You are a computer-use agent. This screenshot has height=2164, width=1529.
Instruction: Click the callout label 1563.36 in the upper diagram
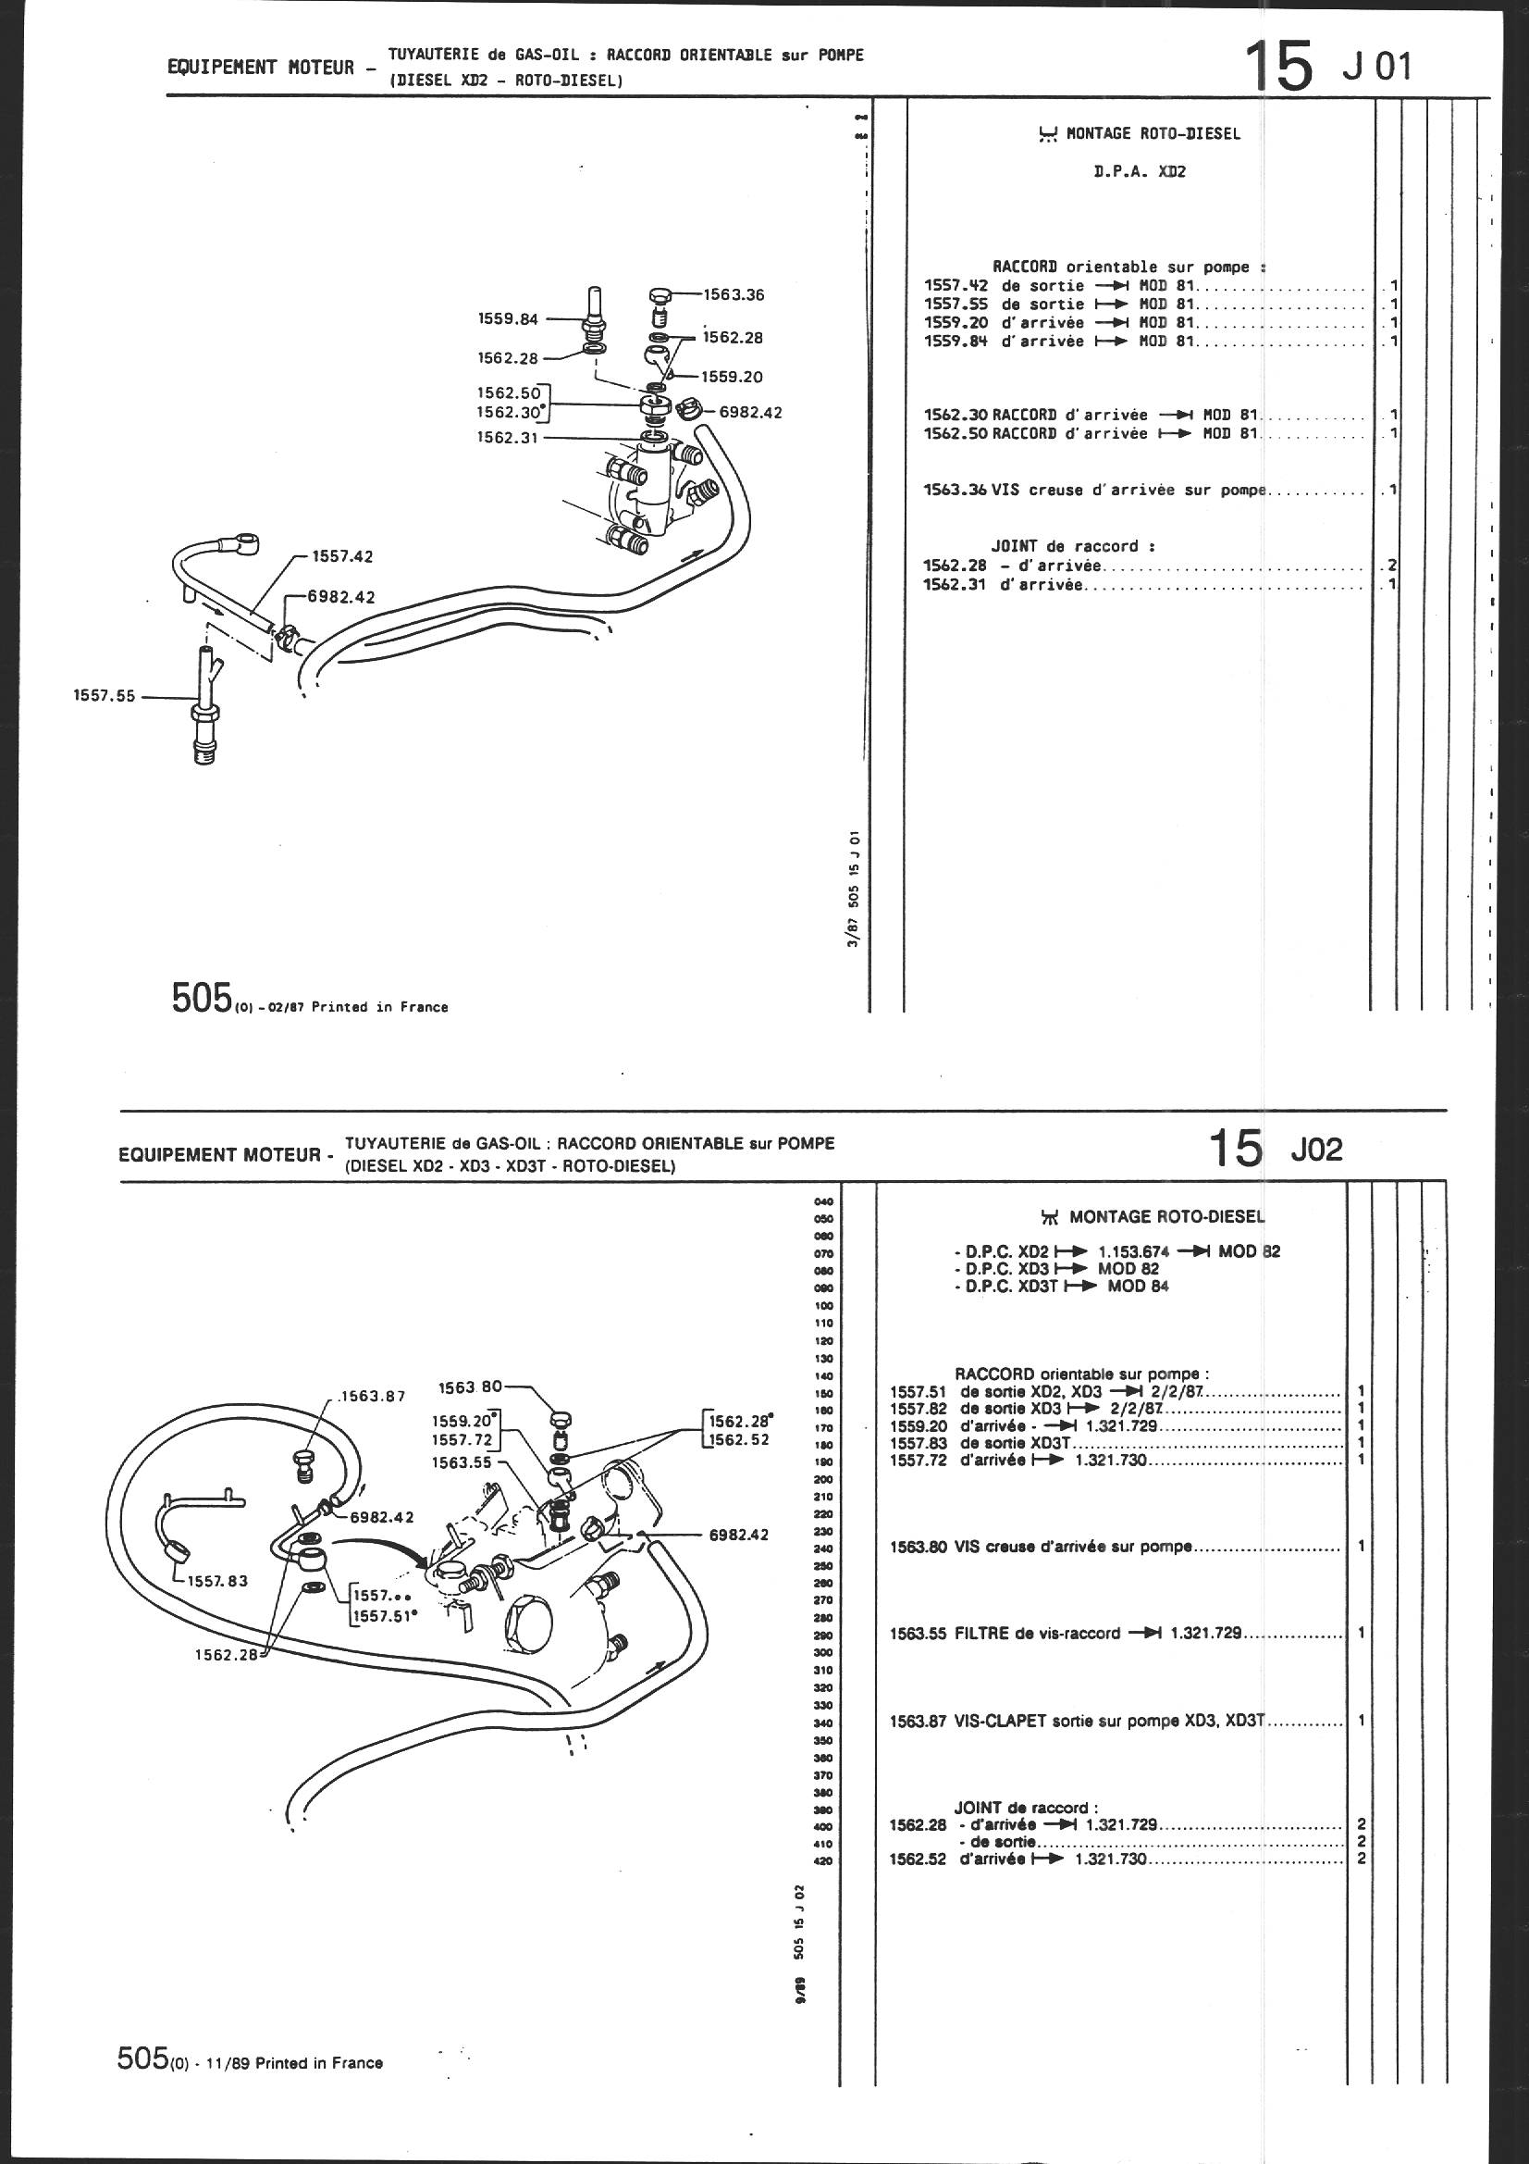tap(732, 295)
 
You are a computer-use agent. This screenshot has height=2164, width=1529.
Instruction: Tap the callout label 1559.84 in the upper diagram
tap(509, 318)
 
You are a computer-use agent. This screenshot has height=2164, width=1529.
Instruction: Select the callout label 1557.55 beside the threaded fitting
tap(105, 697)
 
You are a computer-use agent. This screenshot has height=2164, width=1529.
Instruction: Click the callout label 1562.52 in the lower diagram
tap(741, 1439)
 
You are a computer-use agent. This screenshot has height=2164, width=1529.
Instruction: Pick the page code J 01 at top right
tap(1377, 68)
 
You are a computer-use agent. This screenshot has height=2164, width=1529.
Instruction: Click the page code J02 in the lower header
tap(1316, 1150)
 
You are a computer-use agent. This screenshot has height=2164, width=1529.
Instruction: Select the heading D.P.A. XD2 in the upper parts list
tap(1138, 172)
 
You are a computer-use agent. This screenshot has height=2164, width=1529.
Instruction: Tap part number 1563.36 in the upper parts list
tap(956, 491)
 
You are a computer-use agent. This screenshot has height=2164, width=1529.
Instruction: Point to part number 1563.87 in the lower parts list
tap(918, 1720)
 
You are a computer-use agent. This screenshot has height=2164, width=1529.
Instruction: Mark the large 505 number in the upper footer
tap(202, 998)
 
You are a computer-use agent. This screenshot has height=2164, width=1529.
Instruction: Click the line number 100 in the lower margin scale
tap(823, 1305)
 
